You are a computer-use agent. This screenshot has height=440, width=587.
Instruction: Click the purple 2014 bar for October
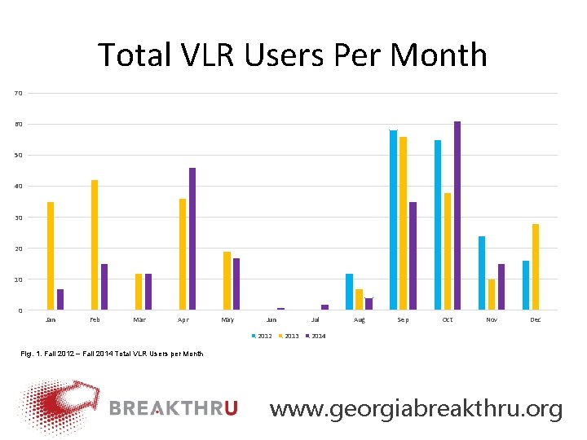click(x=457, y=216)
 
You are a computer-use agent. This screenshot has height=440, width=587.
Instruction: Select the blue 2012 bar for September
click(x=393, y=220)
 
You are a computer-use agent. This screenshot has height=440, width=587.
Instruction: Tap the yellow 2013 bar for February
click(x=95, y=244)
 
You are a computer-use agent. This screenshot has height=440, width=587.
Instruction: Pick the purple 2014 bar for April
click(x=192, y=239)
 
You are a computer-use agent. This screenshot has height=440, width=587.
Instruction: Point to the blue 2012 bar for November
click(x=482, y=273)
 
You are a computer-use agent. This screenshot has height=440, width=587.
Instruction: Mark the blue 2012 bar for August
click(x=349, y=292)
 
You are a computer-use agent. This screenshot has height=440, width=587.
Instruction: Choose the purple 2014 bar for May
click(x=236, y=284)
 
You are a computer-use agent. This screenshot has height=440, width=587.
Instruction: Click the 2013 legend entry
click(x=288, y=336)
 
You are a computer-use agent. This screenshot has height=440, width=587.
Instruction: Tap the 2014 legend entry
click(x=316, y=336)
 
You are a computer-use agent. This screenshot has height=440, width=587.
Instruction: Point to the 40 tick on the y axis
click(x=18, y=187)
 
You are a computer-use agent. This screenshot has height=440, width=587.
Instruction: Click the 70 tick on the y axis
click(x=18, y=94)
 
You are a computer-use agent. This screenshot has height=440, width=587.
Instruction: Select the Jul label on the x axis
click(x=316, y=320)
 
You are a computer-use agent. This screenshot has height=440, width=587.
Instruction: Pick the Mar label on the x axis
click(x=139, y=320)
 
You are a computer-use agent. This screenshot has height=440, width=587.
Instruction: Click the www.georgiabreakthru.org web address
click(x=416, y=408)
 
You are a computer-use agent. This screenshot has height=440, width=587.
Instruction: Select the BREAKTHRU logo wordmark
click(x=173, y=408)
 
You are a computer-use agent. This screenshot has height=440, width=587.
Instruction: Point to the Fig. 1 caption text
click(x=113, y=354)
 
